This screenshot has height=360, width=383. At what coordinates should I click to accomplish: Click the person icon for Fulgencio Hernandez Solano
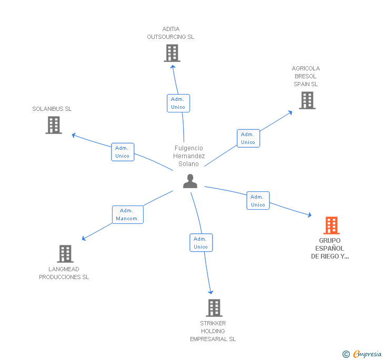(x=190, y=181)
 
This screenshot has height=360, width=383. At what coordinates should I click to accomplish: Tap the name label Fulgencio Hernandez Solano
(x=189, y=156)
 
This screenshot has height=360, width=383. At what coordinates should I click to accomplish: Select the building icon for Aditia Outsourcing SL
(x=172, y=53)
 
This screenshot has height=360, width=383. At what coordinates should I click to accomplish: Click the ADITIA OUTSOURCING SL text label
(x=170, y=33)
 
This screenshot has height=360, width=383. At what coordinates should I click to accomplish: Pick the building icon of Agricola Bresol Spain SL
(x=307, y=100)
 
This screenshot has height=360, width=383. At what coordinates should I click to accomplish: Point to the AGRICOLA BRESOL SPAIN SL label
(x=306, y=76)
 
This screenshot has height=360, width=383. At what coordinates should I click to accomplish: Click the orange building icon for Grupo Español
(x=331, y=225)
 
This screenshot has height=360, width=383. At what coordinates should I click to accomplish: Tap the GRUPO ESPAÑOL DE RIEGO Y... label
(x=330, y=249)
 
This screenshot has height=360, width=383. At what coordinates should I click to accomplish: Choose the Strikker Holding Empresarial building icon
(x=214, y=308)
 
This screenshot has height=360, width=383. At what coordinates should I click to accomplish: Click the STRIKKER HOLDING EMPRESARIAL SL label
(x=213, y=331)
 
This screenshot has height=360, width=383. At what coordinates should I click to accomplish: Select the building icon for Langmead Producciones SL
(x=65, y=254)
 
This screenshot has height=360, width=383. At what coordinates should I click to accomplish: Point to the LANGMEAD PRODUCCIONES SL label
(x=64, y=273)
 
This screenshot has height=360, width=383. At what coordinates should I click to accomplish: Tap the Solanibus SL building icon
(x=54, y=125)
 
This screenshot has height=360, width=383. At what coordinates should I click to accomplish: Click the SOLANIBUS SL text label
(x=52, y=109)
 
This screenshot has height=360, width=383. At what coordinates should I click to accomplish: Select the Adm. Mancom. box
(x=127, y=214)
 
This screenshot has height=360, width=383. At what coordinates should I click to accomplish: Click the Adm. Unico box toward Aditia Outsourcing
(x=178, y=103)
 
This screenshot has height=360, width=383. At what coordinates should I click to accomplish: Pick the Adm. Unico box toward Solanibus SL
(x=123, y=152)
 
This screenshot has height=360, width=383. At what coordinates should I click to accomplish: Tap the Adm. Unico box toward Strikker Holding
(x=201, y=243)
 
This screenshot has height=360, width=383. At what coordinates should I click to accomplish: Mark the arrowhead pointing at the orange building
(x=309, y=214)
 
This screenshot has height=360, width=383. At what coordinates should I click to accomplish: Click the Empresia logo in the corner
(x=362, y=354)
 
